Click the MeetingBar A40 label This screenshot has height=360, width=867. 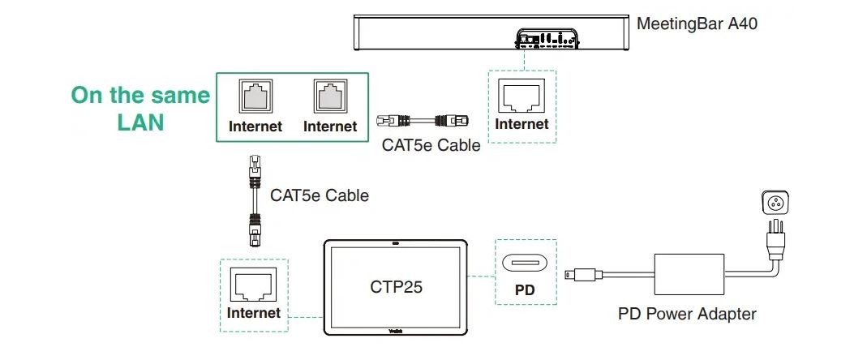tap(697, 24)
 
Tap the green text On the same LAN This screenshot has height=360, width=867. tap(140, 109)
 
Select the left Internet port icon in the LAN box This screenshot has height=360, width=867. tap(255, 98)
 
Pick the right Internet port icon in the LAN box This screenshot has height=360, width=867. tap(329, 98)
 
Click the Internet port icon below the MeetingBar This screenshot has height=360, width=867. tap(521, 98)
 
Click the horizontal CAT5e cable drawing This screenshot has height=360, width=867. tap(424, 122)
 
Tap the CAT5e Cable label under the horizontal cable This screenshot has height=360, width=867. tap(431, 146)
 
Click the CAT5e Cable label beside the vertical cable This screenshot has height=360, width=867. tap(319, 195)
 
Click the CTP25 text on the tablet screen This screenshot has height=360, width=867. tap(397, 286)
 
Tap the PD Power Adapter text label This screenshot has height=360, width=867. tap(687, 314)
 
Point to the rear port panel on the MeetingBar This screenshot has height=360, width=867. tap(544, 37)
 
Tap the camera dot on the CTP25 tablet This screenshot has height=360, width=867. tap(396, 243)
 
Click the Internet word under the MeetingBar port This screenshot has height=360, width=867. tap(521, 124)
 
